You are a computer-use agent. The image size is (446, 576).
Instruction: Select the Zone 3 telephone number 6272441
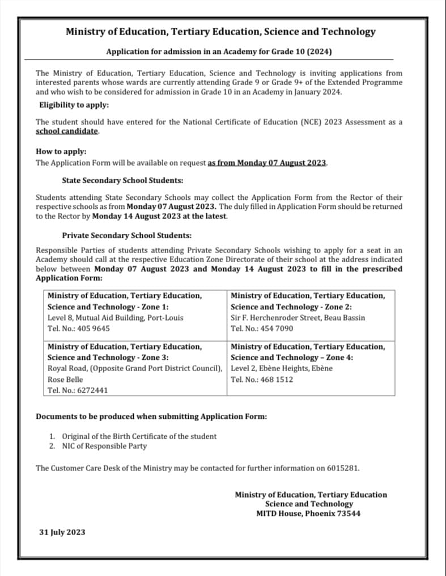click(x=92, y=390)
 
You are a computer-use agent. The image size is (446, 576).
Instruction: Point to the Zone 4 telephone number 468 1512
click(x=276, y=379)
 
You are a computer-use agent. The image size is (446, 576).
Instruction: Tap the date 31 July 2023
click(x=62, y=532)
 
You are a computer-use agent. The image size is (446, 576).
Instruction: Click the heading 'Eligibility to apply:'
click(x=74, y=105)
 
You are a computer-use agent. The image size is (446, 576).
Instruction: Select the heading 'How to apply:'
click(x=61, y=152)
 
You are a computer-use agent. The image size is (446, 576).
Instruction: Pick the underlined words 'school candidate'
click(x=67, y=131)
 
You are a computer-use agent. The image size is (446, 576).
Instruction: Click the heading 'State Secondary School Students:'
click(x=122, y=180)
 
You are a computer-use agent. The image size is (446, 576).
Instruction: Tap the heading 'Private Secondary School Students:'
click(x=127, y=235)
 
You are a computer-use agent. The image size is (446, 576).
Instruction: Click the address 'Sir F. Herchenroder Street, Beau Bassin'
click(x=298, y=318)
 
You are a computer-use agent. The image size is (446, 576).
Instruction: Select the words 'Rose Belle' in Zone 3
click(x=65, y=379)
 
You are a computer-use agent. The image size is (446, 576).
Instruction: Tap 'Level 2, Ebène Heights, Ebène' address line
click(x=282, y=368)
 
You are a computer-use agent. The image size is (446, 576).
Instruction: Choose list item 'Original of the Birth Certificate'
click(x=139, y=436)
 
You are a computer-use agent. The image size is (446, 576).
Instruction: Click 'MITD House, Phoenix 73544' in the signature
click(x=308, y=514)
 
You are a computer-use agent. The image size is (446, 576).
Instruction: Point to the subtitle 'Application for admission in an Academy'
click(x=219, y=52)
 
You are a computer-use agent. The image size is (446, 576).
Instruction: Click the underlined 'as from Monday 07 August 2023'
click(x=267, y=163)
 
